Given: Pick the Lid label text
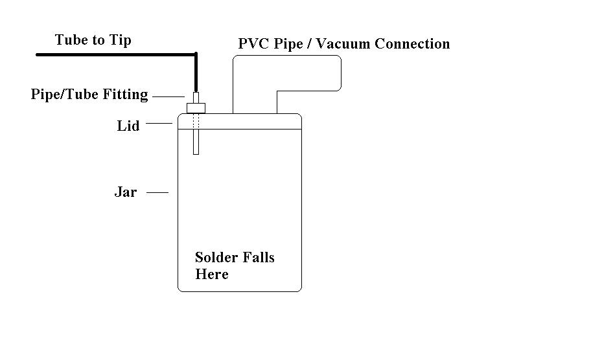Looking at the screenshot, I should pos(128,126).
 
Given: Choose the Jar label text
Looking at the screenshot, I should pos(125,192).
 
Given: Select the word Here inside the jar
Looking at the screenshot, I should pos(212,275).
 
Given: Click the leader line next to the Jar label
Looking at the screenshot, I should pos(157,192).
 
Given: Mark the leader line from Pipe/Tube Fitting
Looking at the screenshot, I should pos(168,96).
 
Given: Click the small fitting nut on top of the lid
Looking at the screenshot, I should pos(196,107).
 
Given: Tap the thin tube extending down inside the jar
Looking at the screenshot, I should pos(196,142).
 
